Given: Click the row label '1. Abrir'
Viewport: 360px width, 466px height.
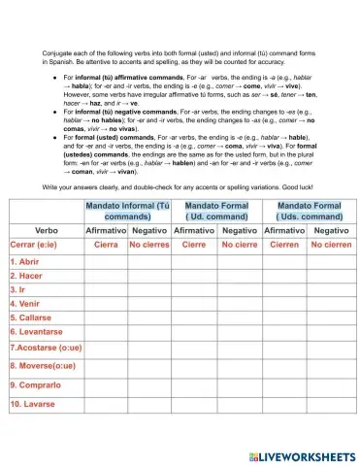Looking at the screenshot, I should [x=26, y=261].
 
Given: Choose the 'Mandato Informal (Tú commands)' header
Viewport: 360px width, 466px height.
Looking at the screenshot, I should [x=127, y=212].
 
